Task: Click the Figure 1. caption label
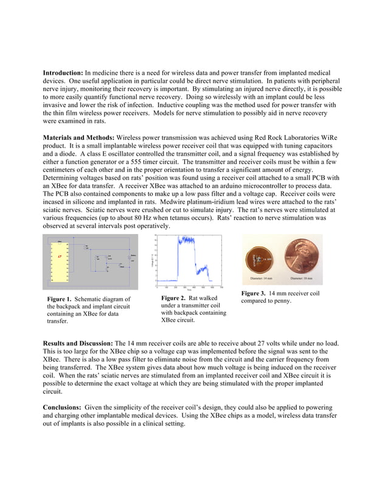pyautogui.click(x=60, y=299)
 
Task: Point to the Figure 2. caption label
pyautogui.click(x=173, y=298)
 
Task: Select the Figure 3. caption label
pyautogui.click(x=254, y=294)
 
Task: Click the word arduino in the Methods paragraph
pyautogui.click(x=218, y=185)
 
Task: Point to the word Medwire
pyautogui.click(x=199, y=201)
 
